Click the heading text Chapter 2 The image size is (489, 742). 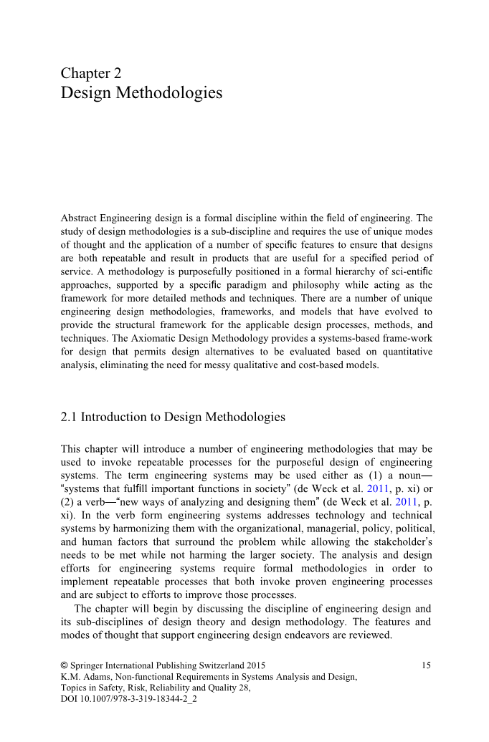pos(91,73)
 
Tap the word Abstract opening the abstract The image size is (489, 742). pos(79,218)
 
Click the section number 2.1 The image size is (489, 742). pos(70,417)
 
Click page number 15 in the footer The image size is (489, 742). pos(427,665)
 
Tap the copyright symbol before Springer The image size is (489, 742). pos(65,665)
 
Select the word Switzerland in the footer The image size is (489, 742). pos(219,665)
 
